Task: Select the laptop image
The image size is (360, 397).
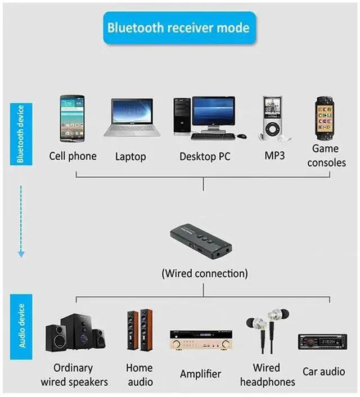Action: point(132,118)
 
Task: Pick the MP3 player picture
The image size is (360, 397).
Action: point(272,119)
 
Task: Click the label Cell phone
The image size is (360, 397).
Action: point(73,156)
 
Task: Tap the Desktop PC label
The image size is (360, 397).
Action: point(205,156)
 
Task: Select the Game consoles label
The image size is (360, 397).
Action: point(326,155)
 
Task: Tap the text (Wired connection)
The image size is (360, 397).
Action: point(204,274)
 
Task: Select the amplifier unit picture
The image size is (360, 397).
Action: point(201,340)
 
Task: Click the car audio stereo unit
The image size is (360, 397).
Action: point(322,342)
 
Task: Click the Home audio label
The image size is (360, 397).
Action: point(139,375)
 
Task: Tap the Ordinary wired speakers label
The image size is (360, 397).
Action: point(74,375)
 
